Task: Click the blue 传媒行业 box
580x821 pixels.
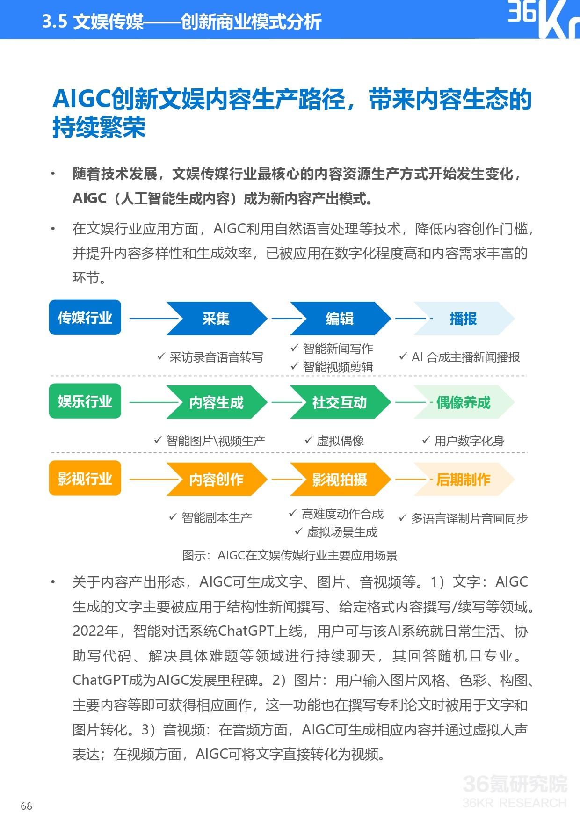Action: (85, 318)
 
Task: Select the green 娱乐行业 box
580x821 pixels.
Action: (85, 401)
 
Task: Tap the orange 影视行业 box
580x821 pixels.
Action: (85, 478)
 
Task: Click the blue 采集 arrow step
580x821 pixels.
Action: (217, 319)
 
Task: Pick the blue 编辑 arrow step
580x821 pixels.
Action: (340, 319)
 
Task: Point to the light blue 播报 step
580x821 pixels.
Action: (464, 319)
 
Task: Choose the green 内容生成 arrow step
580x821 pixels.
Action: (217, 402)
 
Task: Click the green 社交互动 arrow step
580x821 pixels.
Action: (340, 402)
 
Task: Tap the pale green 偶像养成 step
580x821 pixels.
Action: (464, 402)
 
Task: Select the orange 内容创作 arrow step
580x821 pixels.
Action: (217, 480)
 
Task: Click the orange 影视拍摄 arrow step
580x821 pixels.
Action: (340, 480)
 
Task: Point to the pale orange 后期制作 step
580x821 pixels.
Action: (464, 480)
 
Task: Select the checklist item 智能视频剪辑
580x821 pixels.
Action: (332, 367)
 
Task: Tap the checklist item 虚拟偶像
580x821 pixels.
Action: (334, 441)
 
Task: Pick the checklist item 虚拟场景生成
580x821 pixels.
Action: (336, 532)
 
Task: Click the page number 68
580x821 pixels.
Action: (27, 806)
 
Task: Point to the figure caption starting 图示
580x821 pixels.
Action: (290, 556)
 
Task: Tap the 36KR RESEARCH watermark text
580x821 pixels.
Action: (515, 803)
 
